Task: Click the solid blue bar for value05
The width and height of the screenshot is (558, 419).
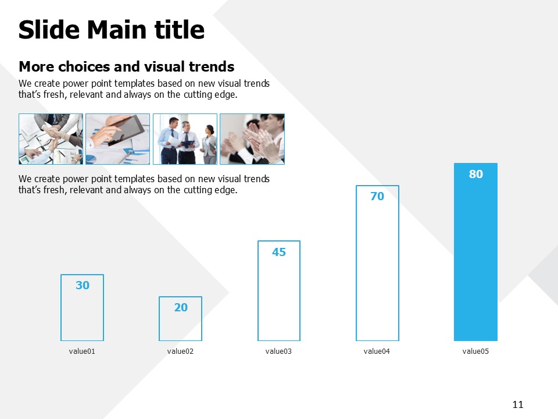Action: [475, 252]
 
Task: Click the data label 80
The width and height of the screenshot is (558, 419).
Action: [476, 174]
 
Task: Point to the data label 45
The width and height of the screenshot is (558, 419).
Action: [279, 252]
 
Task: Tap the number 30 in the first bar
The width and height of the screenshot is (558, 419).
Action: [82, 285]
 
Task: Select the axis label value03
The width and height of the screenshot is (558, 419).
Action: [278, 351]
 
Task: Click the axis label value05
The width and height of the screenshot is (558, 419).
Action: [475, 351]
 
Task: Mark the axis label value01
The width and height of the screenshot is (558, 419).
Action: [82, 351]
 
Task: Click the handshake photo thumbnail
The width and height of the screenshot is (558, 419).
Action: [51, 139]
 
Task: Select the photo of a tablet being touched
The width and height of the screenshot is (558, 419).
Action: [118, 139]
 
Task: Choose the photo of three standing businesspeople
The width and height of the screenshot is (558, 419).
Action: [185, 139]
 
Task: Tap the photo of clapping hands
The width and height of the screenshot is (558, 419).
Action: [252, 139]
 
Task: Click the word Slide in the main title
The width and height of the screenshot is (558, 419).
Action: [49, 29]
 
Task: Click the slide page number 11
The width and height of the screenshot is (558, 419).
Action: [518, 404]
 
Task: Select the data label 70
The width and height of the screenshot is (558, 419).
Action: [377, 196]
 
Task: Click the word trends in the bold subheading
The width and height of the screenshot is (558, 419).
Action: [212, 66]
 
